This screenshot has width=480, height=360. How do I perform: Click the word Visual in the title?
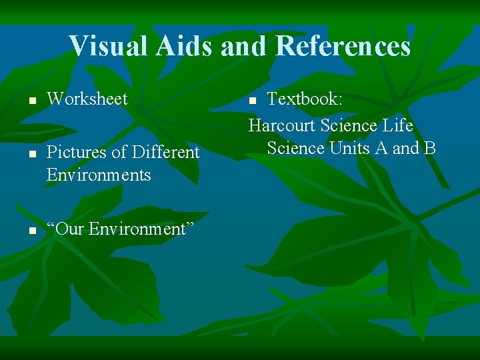tap(109, 46)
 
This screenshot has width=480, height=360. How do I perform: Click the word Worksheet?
tap(87, 99)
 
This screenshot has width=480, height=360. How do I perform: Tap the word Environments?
tap(99, 175)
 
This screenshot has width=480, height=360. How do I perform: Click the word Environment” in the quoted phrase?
tap(141, 229)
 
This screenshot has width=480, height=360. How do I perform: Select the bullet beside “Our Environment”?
tap(31, 231)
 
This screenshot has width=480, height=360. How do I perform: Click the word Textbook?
tap(305, 99)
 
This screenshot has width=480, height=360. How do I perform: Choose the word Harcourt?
tap(282, 126)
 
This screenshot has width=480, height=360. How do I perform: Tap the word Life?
tap(398, 126)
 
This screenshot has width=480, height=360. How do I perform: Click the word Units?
tap(351, 148)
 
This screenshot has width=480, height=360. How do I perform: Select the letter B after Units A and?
tap(429, 148)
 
